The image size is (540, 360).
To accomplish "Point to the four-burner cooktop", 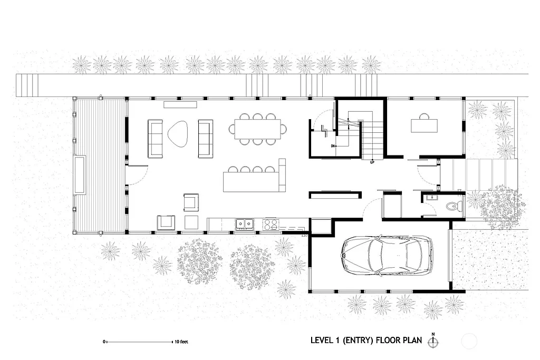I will click(271, 225).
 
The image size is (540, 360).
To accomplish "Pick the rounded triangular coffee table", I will click(178, 132).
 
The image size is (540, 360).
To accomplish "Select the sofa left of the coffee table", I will click(156, 139).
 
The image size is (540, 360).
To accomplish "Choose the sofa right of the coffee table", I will click(205, 139).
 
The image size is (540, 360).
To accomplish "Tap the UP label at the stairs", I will click(373, 162).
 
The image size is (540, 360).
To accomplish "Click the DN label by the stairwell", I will click(333, 146).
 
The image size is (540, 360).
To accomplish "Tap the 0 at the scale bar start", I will click(104, 342).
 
